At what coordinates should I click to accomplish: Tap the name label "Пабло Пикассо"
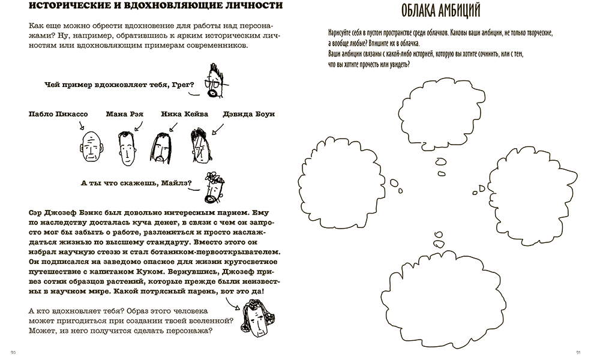pos(57,114)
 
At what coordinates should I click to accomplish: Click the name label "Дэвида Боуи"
pos(248,114)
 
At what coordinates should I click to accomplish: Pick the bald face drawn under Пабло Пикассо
pos(91,147)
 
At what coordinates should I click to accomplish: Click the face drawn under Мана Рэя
pos(125,146)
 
